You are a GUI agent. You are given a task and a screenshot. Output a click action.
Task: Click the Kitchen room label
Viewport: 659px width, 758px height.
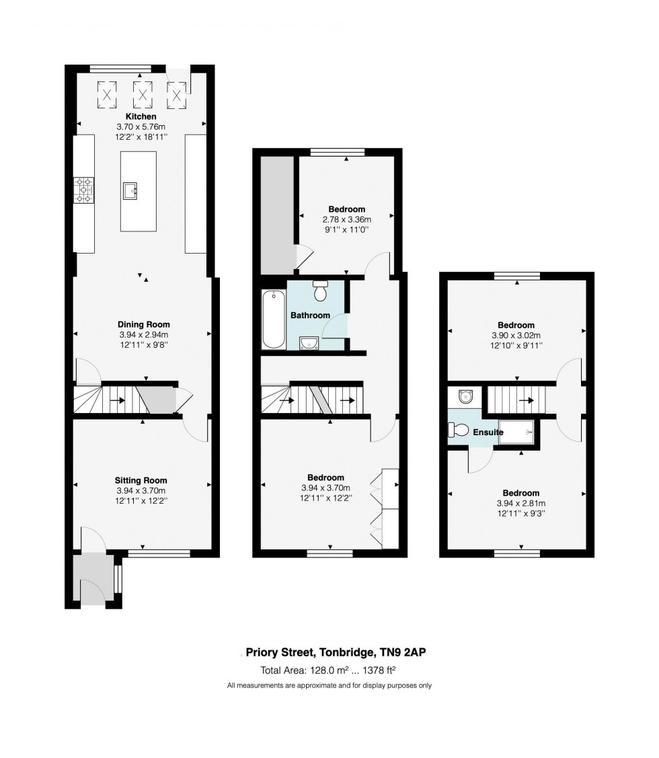click(x=141, y=116)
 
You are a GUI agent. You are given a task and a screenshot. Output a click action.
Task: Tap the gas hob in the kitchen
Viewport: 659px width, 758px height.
click(x=83, y=190)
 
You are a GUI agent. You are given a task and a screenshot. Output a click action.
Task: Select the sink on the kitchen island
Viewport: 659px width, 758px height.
click(x=130, y=190)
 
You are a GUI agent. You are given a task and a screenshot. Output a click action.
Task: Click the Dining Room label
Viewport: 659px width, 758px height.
click(x=144, y=324)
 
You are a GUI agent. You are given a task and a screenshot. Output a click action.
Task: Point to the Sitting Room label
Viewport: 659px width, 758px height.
click(x=141, y=480)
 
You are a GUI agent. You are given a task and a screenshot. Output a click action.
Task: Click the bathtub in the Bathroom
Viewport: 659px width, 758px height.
click(x=273, y=319)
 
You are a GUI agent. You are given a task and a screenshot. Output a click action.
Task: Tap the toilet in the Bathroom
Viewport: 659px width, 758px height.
click(x=320, y=291)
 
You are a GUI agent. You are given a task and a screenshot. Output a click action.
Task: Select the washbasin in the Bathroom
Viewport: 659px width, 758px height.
click(x=309, y=343)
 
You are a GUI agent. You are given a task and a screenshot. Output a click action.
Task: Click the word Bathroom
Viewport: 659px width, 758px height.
click(x=311, y=315)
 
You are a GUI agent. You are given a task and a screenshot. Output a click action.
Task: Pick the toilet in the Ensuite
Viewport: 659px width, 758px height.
click(x=458, y=429)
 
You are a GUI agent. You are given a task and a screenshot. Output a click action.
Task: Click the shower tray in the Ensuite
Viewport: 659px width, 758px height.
click(x=516, y=432)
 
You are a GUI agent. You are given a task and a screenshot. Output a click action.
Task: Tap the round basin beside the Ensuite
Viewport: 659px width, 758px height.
click(x=465, y=397)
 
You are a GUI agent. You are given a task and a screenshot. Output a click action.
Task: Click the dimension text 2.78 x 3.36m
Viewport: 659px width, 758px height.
click(x=347, y=219)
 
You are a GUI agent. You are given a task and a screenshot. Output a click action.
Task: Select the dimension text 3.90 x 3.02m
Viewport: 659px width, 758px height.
click(x=516, y=336)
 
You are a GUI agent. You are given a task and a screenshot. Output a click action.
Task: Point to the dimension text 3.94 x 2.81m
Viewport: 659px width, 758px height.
click(x=520, y=503)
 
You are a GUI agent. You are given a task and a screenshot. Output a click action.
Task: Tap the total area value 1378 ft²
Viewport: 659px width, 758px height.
click(x=379, y=670)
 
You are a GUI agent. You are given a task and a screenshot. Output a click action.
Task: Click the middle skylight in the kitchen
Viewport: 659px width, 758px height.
click(x=142, y=94)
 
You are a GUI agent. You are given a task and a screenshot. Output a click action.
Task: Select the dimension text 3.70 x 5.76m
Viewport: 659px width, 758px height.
click(x=141, y=126)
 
